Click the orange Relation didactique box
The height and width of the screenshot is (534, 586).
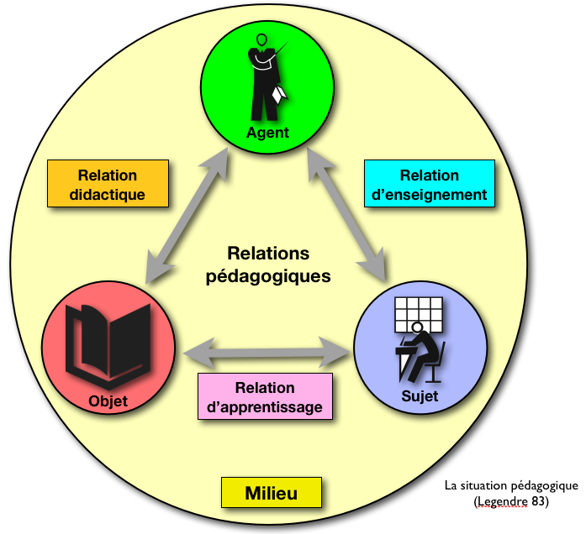(108, 185)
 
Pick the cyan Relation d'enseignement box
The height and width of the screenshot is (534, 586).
(429, 185)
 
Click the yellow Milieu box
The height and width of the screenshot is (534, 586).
(271, 493)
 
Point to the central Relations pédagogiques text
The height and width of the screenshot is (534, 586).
(268, 264)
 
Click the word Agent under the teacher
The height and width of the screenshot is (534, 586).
(267, 132)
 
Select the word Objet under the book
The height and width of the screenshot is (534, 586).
(108, 401)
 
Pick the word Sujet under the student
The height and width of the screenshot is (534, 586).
(420, 396)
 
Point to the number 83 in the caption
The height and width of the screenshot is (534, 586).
(539, 502)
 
